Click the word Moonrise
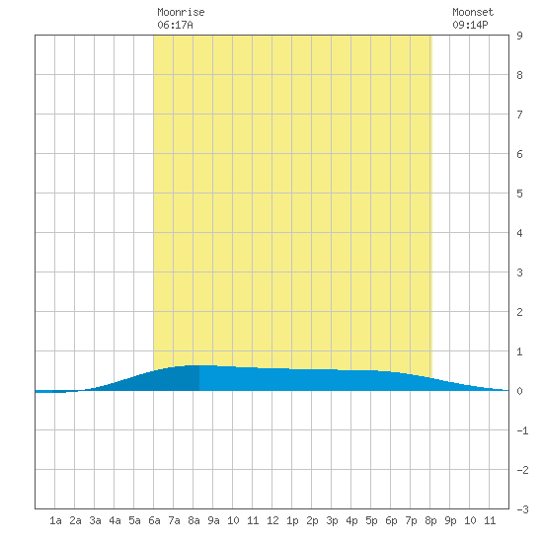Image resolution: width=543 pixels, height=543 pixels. coord(181,12)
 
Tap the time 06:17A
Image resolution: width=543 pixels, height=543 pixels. coord(175,25)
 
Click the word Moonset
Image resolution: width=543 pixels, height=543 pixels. coord(473,12)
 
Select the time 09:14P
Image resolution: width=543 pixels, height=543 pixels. coord(470,25)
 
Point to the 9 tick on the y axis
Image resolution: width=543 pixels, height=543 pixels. coord(519,36)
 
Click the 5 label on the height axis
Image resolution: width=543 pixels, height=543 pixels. coord(519,194)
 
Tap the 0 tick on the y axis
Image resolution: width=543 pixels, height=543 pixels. coord(519,391)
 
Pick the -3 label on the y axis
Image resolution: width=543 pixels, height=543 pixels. coord(522,509)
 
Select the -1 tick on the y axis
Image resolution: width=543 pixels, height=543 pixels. coord(522,430)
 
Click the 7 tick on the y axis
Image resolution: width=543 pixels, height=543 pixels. coord(519,115)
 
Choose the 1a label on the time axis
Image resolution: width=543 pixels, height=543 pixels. coord(55,520)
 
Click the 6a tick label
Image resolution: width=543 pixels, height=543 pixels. coord(154,520)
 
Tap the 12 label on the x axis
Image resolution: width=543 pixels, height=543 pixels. coord(272,520)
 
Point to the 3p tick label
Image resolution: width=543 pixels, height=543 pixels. coord(332,520)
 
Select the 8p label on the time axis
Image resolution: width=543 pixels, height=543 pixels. coord(430,520)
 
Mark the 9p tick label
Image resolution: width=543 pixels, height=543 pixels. coord(450,520)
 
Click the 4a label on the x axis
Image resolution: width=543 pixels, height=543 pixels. coord(115,520)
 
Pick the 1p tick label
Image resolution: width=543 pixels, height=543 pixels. coord(292,520)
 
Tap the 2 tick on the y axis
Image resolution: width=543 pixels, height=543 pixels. coord(519,312)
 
